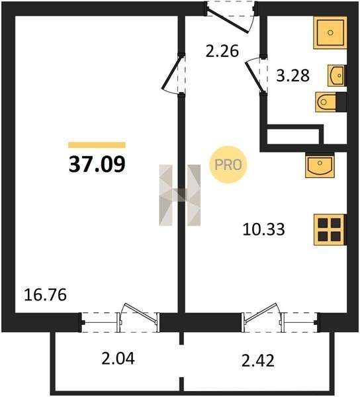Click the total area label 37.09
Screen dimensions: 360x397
[97, 164]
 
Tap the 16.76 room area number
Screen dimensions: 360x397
[45, 295]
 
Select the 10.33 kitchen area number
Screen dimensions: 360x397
[264, 230]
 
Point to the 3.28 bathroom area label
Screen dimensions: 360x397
[292, 75]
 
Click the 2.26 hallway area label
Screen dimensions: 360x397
[222, 51]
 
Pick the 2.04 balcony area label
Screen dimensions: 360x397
[118, 359]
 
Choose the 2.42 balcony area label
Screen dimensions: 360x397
[258, 361]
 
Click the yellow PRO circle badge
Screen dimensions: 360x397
[228, 165]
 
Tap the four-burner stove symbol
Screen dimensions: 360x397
[330, 230]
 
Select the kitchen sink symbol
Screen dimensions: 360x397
[320, 165]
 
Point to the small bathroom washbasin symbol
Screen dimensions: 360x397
[337, 75]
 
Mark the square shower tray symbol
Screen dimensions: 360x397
[330, 32]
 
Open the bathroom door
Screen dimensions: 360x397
[254, 76]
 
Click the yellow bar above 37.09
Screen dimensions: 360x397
[97, 145]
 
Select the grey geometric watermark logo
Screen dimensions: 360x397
[180, 195]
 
